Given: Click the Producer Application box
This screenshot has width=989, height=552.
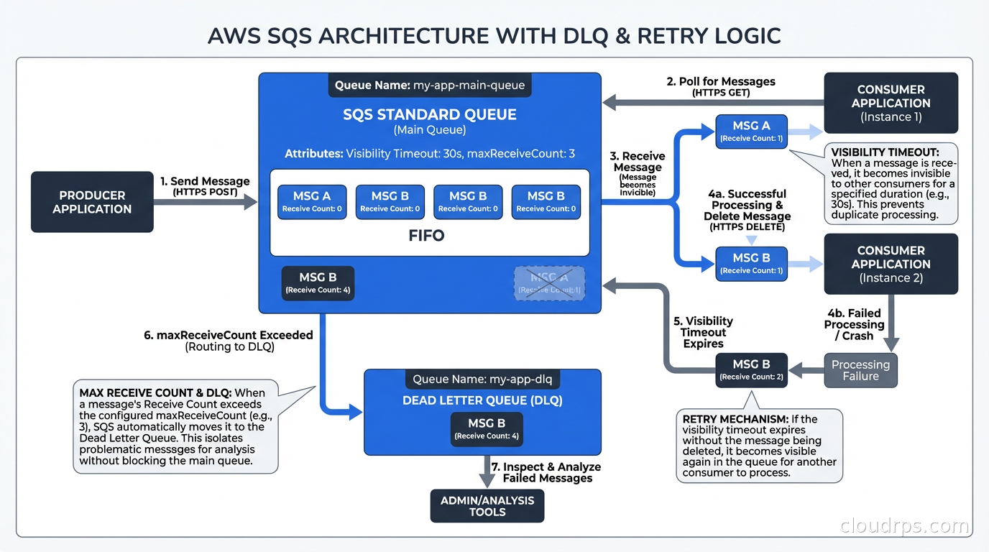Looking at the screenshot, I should click(92, 202).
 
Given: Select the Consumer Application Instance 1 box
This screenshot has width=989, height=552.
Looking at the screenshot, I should click(891, 103).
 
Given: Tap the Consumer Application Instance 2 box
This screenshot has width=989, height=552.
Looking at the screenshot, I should click(891, 264).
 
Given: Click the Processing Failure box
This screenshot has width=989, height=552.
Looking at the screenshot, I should click(860, 370).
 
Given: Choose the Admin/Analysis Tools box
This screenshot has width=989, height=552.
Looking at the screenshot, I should click(487, 506).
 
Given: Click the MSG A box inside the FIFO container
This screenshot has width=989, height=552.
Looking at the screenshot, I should click(312, 201).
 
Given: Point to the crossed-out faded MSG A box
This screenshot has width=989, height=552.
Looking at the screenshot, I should click(549, 283).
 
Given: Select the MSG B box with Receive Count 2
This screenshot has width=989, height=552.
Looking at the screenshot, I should click(751, 369).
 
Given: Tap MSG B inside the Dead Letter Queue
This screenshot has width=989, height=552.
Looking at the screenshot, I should click(486, 429).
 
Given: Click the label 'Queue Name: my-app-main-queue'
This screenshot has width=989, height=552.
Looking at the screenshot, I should click(430, 85).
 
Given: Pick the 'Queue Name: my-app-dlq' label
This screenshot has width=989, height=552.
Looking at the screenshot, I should click(482, 379).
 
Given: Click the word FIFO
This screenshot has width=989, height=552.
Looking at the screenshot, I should click(426, 235).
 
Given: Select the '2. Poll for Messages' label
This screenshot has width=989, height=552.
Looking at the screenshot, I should click(721, 81).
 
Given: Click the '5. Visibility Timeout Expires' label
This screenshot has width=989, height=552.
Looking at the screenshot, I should click(703, 332).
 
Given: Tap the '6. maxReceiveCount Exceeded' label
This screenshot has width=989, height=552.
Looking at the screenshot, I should click(229, 335).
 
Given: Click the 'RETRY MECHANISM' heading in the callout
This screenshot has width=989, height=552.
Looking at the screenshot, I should click(734, 419).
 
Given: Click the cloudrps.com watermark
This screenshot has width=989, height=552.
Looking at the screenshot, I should click(904, 526).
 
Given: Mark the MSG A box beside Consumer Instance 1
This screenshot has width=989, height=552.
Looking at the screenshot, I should click(751, 131).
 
